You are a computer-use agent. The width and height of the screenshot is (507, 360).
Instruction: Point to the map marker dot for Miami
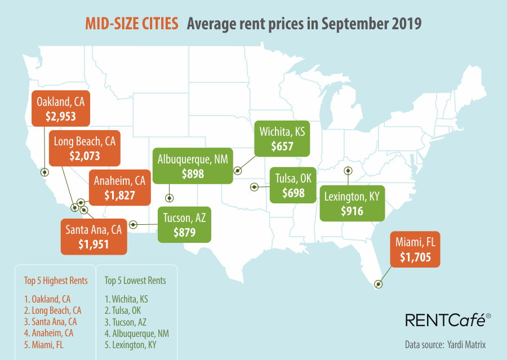(379, 285)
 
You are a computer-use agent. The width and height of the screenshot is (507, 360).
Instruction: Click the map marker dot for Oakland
(46, 172)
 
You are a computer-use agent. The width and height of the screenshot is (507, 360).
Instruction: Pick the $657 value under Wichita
(282, 146)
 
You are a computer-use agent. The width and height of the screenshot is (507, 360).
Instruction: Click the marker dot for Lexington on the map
(349, 171)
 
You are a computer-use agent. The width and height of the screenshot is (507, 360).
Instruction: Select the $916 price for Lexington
(352, 212)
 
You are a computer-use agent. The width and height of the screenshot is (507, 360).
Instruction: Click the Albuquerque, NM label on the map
(193, 159)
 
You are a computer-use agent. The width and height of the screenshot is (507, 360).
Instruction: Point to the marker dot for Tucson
(133, 224)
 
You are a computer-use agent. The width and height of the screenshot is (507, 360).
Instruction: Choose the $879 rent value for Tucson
(184, 232)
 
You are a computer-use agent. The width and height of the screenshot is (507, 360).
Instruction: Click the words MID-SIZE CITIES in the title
(132, 24)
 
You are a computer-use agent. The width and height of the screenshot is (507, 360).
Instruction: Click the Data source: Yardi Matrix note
(445, 344)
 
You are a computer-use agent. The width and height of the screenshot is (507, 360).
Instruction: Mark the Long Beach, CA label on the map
(84, 141)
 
